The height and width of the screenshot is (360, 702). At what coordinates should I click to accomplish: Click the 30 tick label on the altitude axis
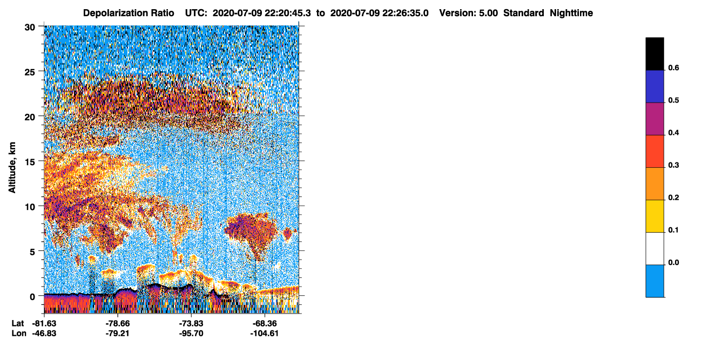(x=30, y=28)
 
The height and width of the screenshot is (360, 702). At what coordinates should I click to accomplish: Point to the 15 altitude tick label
(x=30, y=162)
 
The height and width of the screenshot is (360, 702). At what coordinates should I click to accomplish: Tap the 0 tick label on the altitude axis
(x=32, y=297)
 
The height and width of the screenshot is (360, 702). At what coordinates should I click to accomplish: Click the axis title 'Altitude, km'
(x=12, y=167)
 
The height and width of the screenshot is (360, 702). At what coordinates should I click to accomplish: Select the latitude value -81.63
(x=44, y=324)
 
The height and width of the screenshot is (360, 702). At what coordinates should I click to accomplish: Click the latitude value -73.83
(x=191, y=324)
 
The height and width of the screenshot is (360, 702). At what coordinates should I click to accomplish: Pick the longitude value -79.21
(x=118, y=334)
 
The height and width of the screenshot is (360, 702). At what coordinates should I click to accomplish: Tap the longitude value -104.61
(x=265, y=334)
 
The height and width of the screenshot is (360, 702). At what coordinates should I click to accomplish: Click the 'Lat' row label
(x=18, y=324)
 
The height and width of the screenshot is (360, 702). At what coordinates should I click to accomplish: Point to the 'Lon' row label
(x=19, y=334)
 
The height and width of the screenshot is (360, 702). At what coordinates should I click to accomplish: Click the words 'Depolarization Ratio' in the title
(x=129, y=13)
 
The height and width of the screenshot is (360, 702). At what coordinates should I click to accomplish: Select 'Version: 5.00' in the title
(x=469, y=13)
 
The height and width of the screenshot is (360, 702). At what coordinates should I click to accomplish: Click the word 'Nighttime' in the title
(x=571, y=13)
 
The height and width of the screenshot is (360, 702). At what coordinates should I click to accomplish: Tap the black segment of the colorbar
(x=654, y=54)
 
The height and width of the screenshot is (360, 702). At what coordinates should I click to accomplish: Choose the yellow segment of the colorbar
(x=654, y=216)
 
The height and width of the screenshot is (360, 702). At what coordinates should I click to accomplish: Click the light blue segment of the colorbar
(x=654, y=281)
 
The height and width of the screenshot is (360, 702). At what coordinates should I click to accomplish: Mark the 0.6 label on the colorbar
(x=673, y=68)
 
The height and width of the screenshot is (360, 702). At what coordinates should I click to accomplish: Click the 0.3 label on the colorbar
(x=673, y=166)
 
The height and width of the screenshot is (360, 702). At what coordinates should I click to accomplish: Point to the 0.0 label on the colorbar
(x=673, y=262)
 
